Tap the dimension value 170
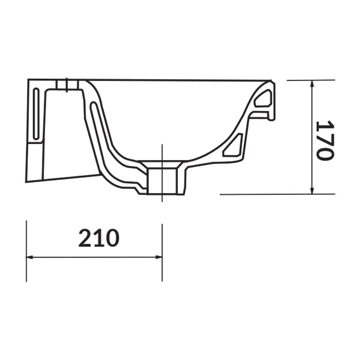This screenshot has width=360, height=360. pos(324,140)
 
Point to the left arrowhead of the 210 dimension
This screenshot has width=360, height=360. pos(30,257)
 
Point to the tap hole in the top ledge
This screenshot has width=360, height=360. pos(67,85)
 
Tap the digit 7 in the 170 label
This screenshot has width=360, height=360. pos(324,140)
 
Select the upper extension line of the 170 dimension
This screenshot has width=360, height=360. pos(310,80)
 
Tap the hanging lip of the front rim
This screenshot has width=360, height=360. pos(271,108)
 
